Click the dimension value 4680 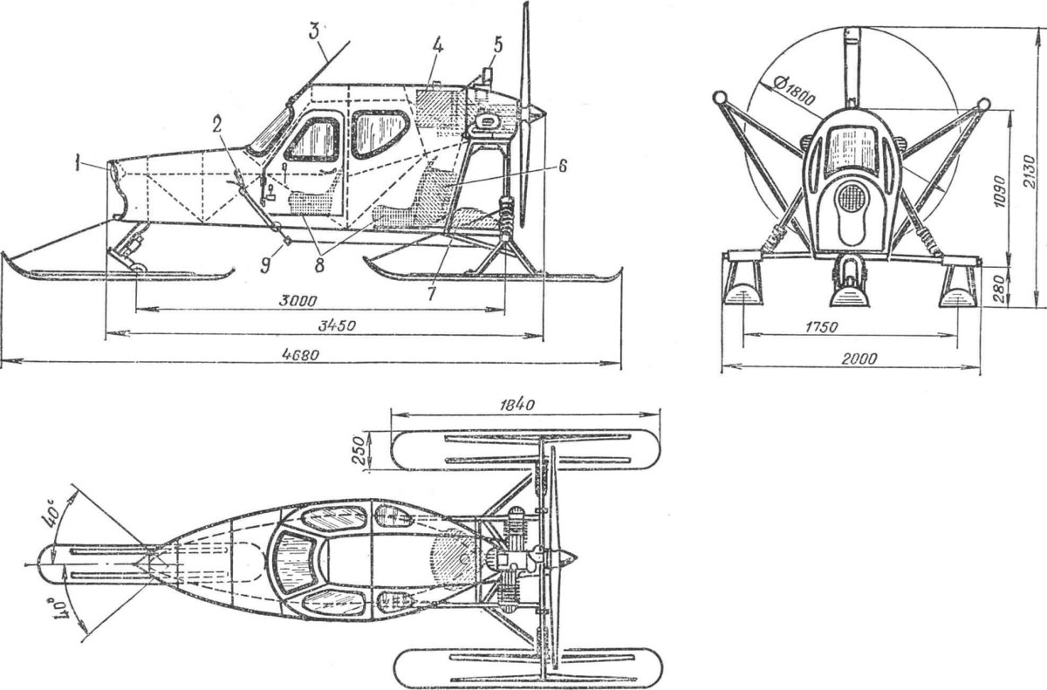tap(300, 355)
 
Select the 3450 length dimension tap(337, 325)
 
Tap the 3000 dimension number tap(298, 301)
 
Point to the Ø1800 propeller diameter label tap(794, 92)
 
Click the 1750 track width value tap(822, 327)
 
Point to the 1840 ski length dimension tap(517, 405)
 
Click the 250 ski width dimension tap(359, 450)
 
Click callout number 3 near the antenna tap(314, 32)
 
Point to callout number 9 tap(265, 266)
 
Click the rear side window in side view tap(380, 134)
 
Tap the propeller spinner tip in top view tap(578, 557)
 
